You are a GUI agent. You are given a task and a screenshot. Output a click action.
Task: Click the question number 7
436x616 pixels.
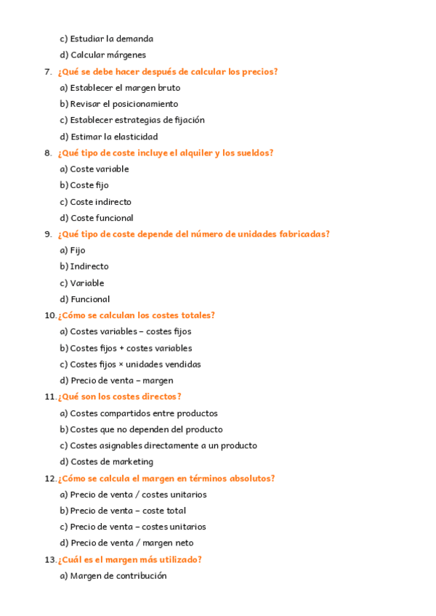coord(47,72)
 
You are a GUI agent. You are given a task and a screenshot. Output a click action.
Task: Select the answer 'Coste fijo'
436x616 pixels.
coord(89,185)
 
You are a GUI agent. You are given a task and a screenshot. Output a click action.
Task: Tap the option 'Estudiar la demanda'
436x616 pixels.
coord(111,38)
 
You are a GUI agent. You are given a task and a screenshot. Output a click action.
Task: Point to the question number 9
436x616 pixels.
coord(47,234)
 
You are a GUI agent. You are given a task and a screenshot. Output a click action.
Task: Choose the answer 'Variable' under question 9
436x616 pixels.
coord(86,283)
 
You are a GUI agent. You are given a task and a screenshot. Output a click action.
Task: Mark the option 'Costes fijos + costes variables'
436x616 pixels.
coord(131,348)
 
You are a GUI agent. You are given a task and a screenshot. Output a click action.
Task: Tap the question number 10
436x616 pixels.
coord(49,315)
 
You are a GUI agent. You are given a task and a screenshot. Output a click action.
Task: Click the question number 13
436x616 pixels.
coord(49,560)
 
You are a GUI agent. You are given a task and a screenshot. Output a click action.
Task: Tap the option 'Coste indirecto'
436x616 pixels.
coord(100,202)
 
